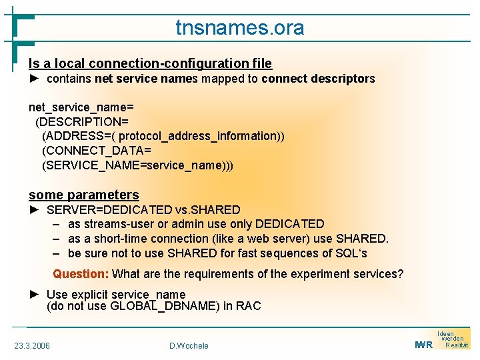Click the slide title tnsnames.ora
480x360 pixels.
coord(239,28)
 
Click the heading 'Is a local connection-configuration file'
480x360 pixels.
coord(150,63)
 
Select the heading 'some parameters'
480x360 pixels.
coord(84,195)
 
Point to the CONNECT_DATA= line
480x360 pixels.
coord(97,151)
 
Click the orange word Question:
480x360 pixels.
coord(81,274)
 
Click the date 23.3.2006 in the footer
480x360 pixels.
coord(32,345)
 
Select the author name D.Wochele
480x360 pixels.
coord(189,345)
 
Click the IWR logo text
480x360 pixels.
coord(423,345)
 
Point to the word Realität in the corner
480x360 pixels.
coord(457,345)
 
